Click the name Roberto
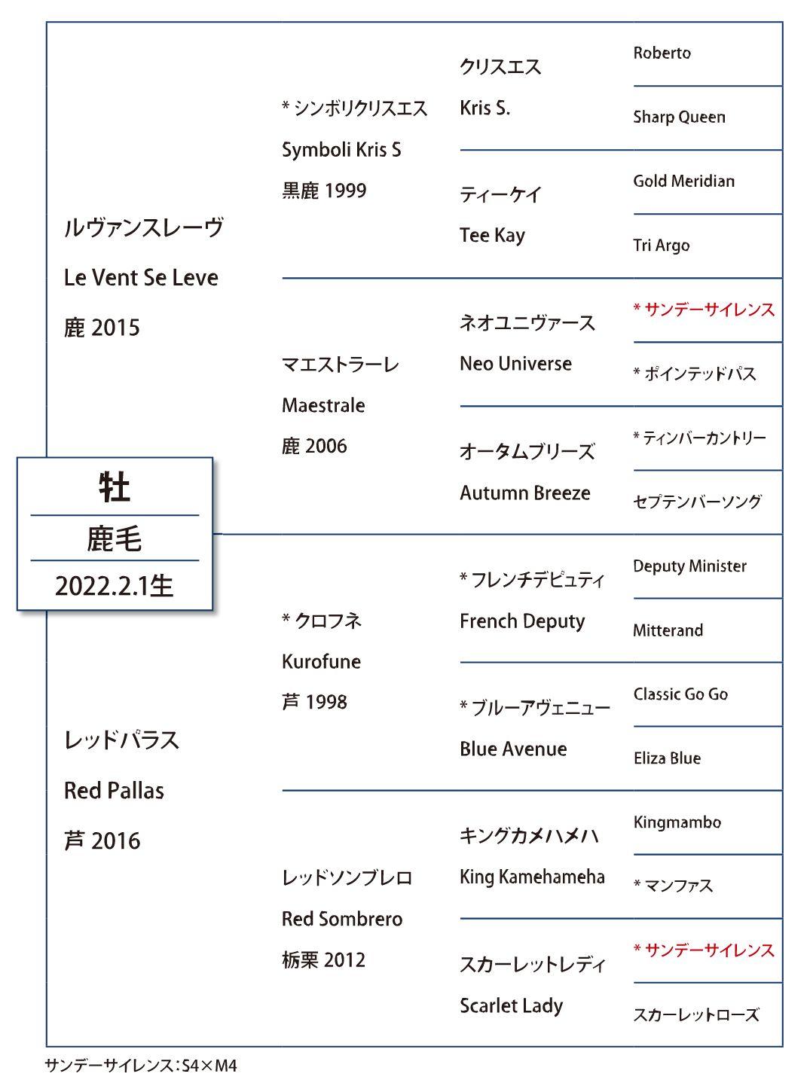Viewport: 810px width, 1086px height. (662, 53)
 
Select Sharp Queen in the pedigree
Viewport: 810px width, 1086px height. (679, 117)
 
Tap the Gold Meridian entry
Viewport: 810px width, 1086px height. (683, 181)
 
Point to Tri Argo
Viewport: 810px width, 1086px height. (661, 246)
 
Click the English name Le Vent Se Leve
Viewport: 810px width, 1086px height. (141, 278)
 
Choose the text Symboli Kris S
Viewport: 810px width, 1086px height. (341, 149)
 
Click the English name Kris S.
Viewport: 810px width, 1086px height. (484, 108)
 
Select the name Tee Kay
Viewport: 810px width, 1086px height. (492, 236)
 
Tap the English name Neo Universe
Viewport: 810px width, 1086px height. (515, 364)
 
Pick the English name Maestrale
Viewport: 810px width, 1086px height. (323, 405)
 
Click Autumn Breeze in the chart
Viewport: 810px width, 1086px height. (525, 493)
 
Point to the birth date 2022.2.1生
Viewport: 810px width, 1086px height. (115, 586)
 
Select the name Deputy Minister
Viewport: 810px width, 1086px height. (689, 566)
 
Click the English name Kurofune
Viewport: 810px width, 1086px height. (321, 661)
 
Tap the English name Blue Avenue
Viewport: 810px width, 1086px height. (513, 749)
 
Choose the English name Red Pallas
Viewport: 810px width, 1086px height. (114, 791)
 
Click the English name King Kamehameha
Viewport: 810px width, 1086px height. (532, 877)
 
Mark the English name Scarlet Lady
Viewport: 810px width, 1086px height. (511, 1006)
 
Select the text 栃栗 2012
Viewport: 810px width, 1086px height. (323, 959)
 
